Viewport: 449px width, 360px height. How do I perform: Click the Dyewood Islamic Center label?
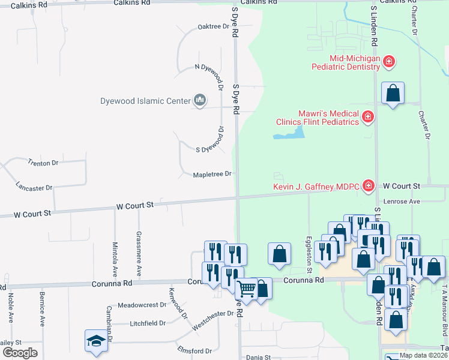(x=145, y=101)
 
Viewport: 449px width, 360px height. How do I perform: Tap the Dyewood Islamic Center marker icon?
(x=200, y=100)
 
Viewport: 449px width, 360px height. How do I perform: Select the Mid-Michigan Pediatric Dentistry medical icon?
(x=389, y=61)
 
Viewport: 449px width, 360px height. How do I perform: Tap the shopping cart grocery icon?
(x=246, y=289)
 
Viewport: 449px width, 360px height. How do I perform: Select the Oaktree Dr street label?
(x=214, y=27)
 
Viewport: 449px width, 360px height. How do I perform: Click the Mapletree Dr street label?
(x=212, y=174)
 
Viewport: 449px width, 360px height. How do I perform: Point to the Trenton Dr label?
(x=43, y=163)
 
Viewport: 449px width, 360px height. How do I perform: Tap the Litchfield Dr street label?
(x=148, y=323)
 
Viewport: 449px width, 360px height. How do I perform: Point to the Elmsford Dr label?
(x=194, y=350)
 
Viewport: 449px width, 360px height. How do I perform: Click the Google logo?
(x=20, y=352)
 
